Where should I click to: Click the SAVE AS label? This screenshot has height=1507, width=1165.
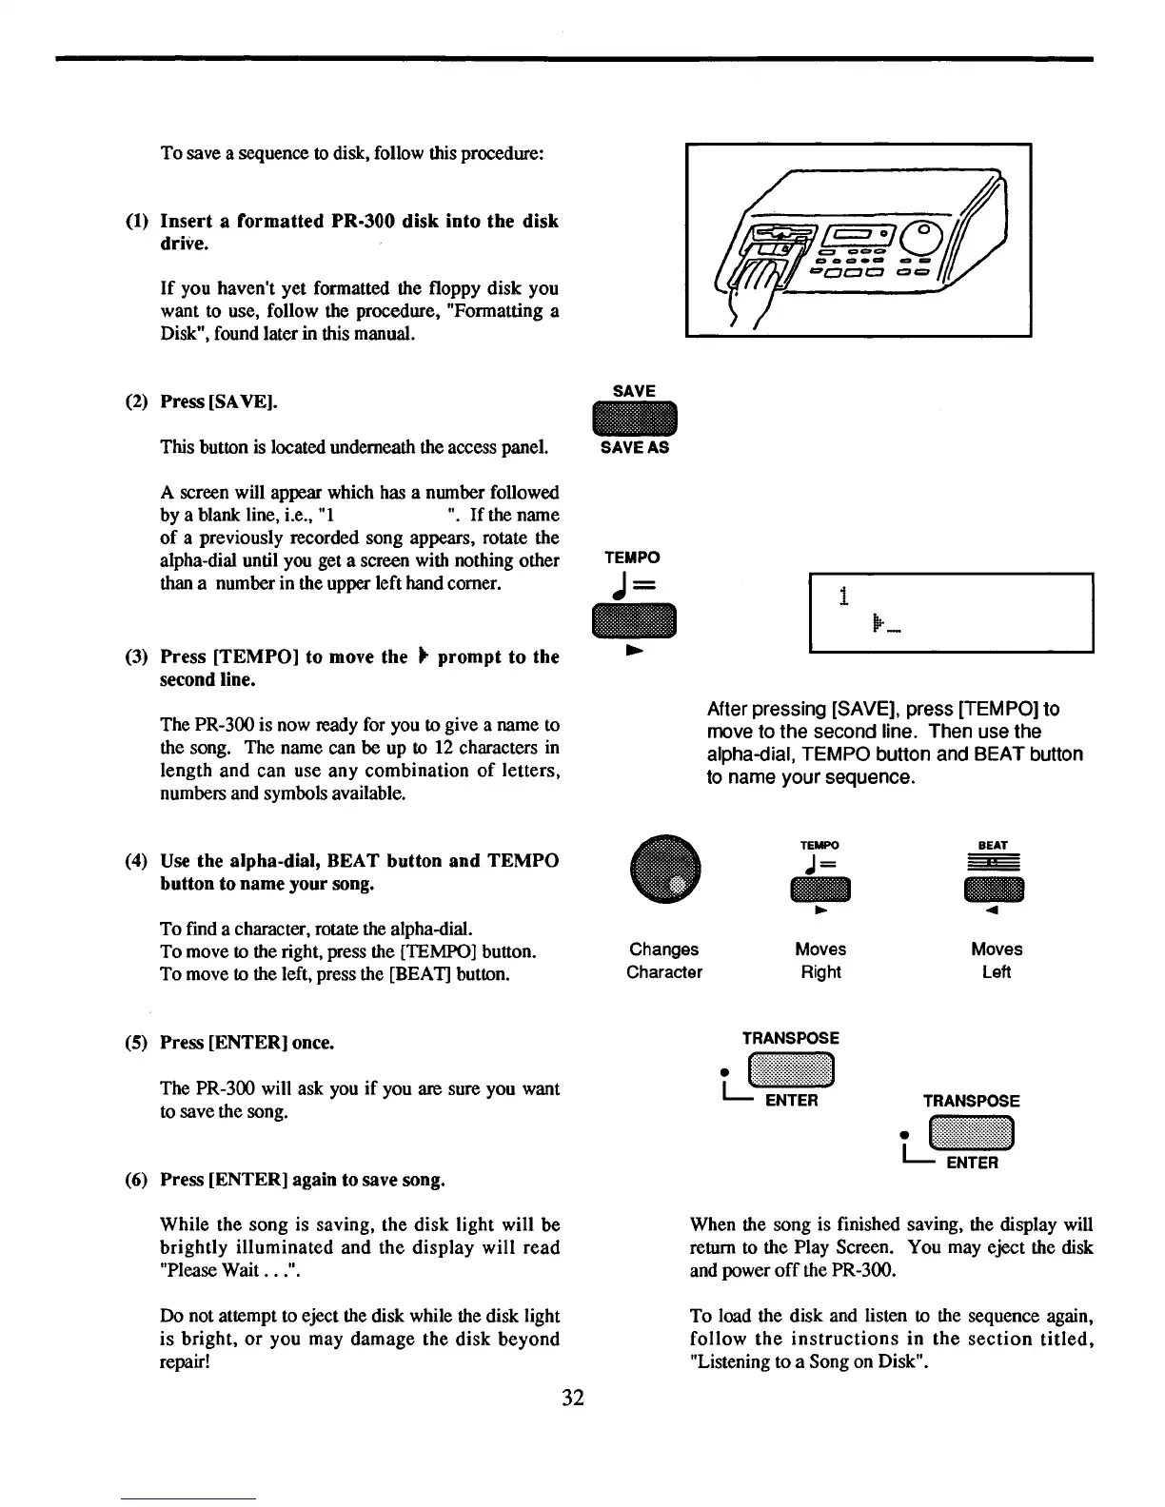(x=634, y=448)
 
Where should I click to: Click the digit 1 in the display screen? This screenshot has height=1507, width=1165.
(x=843, y=597)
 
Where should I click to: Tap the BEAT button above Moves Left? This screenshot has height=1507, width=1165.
(x=993, y=889)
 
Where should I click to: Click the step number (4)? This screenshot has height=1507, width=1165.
(x=138, y=861)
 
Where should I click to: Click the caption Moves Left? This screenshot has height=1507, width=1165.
(x=996, y=961)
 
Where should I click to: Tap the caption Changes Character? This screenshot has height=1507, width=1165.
(x=664, y=961)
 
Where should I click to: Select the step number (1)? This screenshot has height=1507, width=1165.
(x=138, y=222)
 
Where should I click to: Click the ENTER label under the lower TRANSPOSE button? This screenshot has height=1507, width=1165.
(x=971, y=1163)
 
